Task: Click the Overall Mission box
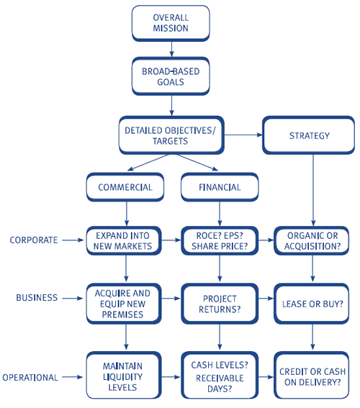click(x=171, y=23)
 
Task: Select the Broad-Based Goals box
click(x=171, y=76)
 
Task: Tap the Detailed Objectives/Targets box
click(x=171, y=135)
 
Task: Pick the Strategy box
click(x=308, y=135)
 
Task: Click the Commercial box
click(x=125, y=187)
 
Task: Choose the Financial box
click(x=220, y=187)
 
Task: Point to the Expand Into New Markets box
click(x=124, y=240)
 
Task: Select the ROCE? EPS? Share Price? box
click(x=220, y=240)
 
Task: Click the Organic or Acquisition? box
click(x=312, y=240)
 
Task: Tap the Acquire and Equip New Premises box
click(x=124, y=304)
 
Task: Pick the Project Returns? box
click(x=220, y=304)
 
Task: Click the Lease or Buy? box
click(x=312, y=304)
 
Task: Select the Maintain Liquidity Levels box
click(x=124, y=376)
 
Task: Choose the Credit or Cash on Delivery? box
click(x=312, y=376)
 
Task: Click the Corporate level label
click(x=34, y=240)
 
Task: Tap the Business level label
click(x=37, y=298)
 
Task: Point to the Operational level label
click(x=30, y=378)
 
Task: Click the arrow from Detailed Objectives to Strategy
click(x=243, y=135)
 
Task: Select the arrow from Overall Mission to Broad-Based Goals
click(x=171, y=49)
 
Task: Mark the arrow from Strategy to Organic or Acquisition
click(x=313, y=190)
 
